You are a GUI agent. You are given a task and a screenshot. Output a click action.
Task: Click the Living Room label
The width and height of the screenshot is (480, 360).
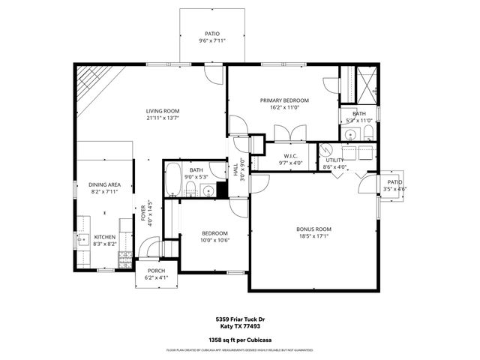[163, 111]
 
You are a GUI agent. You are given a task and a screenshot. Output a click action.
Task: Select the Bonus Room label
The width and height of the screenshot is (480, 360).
[313, 229]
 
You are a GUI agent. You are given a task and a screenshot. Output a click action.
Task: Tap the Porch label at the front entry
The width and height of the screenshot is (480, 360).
[156, 271]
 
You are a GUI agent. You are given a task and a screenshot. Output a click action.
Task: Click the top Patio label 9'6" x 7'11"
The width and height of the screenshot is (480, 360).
[213, 34]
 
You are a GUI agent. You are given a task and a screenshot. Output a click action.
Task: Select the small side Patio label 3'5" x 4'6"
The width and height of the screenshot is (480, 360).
[394, 182]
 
